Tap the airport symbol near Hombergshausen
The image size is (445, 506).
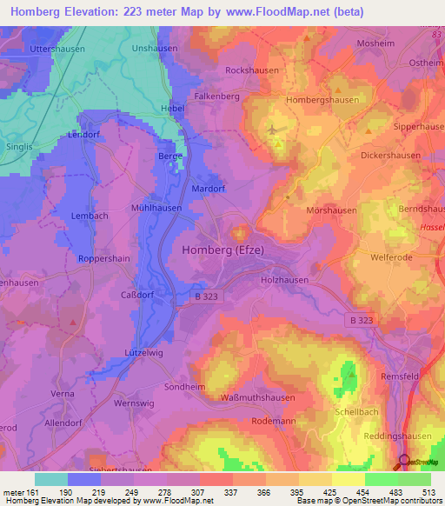[x=275, y=130]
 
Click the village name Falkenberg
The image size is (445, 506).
[x=216, y=97]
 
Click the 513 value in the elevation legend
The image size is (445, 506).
[x=430, y=492]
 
